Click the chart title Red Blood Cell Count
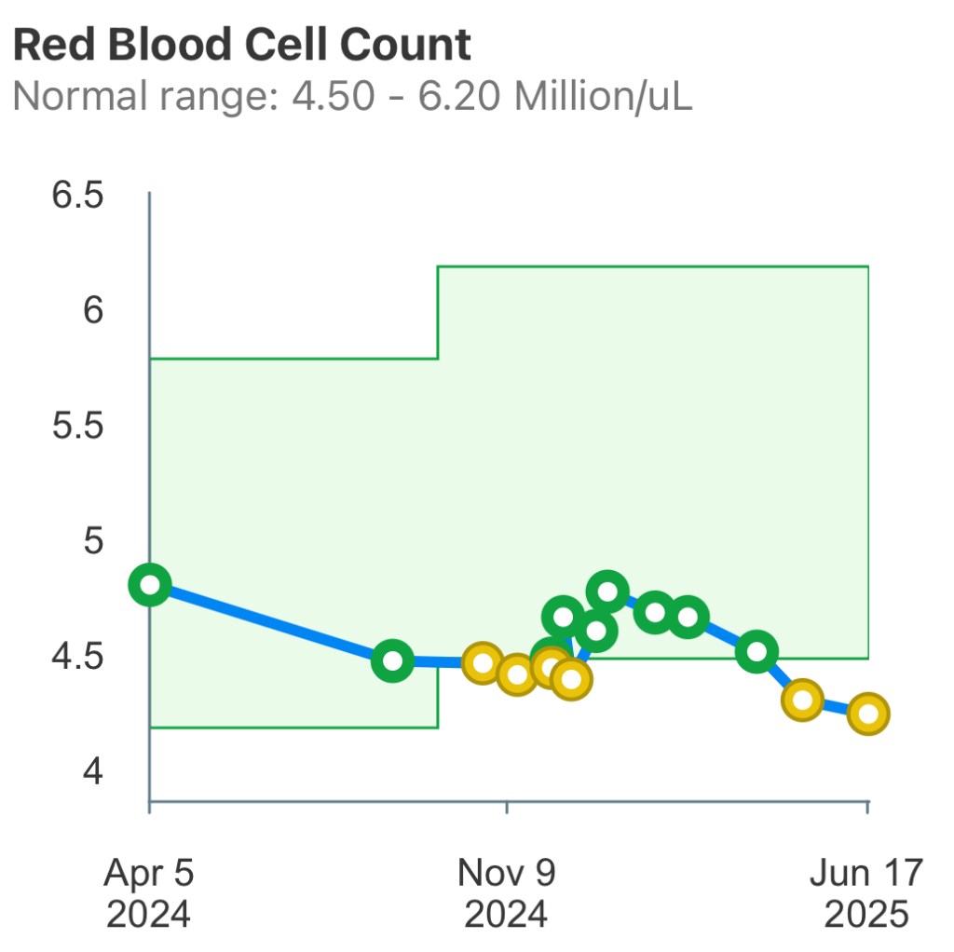pos(242,45)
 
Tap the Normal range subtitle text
pos(352,96)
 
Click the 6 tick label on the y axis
pos(92,310)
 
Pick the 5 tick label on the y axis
pos(92,542)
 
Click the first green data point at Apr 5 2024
pos(150,585)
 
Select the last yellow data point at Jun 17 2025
pos(868,714)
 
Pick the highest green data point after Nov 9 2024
pos(607,591)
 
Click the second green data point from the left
pos(393,661)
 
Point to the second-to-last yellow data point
pos(802,700)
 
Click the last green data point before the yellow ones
pos(757,651)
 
